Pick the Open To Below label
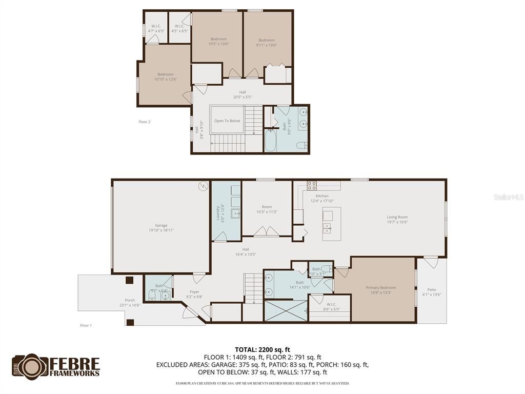[x=227, y=121]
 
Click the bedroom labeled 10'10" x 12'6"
[x=166, y=77]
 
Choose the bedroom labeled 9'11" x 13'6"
[x=267, y=43]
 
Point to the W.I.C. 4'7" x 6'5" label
[x=156, y=29]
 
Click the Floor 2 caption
[x=145, y=122]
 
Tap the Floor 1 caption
[x=86, y=325]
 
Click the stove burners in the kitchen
[x=311, y=186]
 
